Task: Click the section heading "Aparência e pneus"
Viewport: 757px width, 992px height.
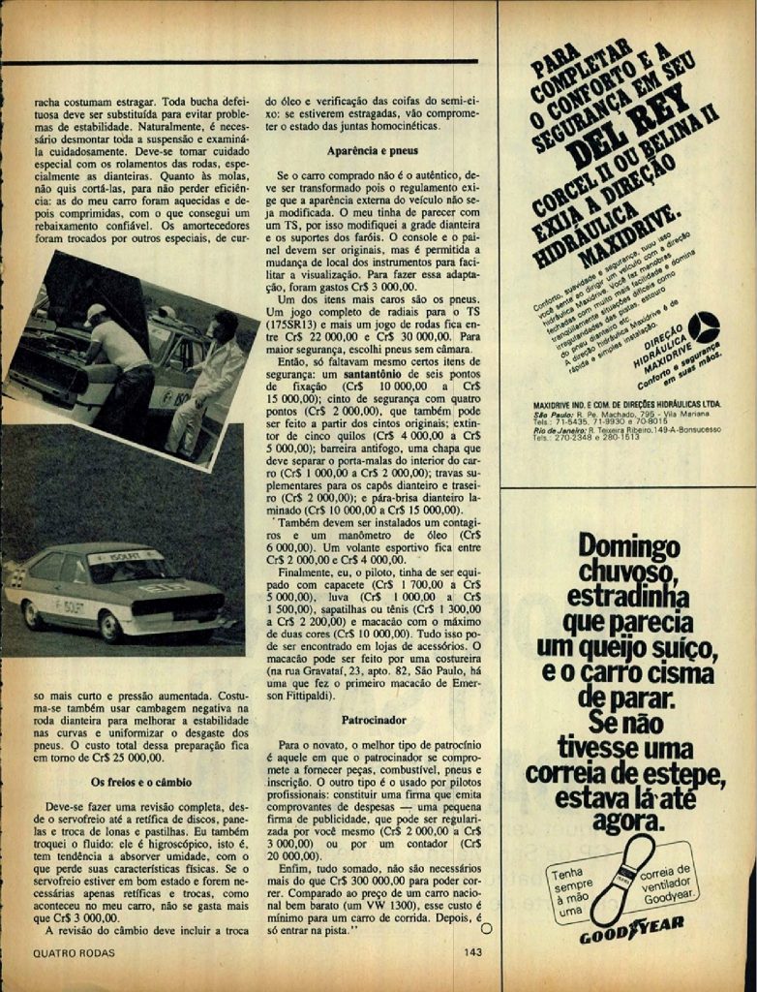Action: click(x=371, y=152)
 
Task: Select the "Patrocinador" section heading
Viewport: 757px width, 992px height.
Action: click(x=373, y=721)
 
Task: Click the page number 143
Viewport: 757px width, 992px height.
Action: click(x=473, y=952)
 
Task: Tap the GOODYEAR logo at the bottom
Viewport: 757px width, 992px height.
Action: click(x=631, y=935)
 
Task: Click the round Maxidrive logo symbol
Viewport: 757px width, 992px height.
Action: click(x=703, y=326)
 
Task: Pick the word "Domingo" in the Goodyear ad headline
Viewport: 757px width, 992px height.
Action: click(x=629, y=547)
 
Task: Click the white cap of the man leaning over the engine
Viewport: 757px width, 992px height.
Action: click(x=95, y=312)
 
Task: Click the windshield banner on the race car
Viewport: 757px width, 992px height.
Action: click(x=125, y=557)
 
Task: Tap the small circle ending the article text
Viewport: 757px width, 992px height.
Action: click(x=486, y=927)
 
